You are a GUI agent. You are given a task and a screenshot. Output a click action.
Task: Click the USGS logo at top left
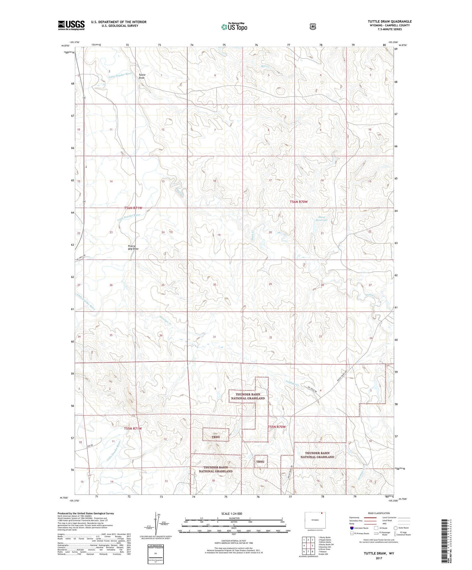pyautogui.click(x=71, y=25)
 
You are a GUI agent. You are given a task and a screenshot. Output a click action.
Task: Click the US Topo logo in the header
pyautogui.click(x=234, y=27)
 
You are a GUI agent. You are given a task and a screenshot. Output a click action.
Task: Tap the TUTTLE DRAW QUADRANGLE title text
pyautogui.click(x=390, y=21)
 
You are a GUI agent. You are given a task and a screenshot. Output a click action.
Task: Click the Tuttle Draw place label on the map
pyautogui.click(x=142, y=76)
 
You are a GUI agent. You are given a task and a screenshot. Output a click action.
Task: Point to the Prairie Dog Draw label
pyautogui.click(x=133, y=247)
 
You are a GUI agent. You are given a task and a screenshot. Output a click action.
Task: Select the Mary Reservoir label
pyautogui.click(x=322, y=219)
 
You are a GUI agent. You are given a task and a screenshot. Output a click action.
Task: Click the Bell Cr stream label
pyautogui.click(x=265, y=66)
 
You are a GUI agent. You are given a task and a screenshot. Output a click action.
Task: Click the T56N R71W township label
pyautogui.click(x=133, y=208)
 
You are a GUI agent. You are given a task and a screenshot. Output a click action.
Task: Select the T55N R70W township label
pyautogui.click(x=277, y=427)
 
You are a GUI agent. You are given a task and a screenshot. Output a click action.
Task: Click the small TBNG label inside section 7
pyautogui.click(x=216, y=437)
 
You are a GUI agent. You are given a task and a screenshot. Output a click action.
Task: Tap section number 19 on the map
pyautogui.click(x=219, y=235)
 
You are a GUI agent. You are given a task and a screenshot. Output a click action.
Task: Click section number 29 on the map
pyautogui.click(x=270, y=284)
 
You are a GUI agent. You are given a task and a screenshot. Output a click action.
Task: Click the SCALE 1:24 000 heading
pyautogui.click(x=234, y=513)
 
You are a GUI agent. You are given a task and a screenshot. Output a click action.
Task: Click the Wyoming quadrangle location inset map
pyautogui.click(x=315, y=520)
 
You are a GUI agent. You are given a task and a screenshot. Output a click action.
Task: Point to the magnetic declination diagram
pyautogui.click(x=158, y=524)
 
